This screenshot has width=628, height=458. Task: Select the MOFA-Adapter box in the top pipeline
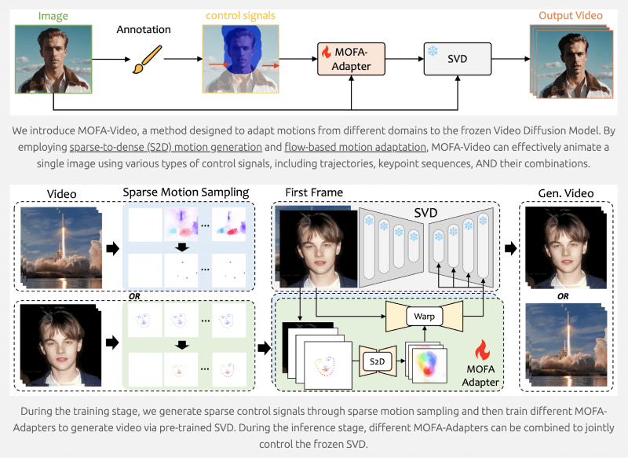pos(351,58)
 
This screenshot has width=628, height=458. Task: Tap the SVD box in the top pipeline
pos(456,58)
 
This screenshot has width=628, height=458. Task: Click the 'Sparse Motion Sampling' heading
pos(185,192)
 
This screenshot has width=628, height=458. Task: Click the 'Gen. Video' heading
pos(560,192)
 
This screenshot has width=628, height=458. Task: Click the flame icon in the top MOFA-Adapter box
pos(326,52)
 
